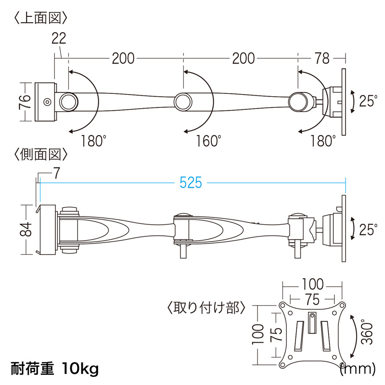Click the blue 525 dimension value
click(x=191, y=183)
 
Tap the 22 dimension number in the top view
click(x=59, y=38)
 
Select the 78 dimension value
click(x=322, y=58)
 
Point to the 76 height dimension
click(x=25, y=102)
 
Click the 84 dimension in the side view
click(x=26, y=229)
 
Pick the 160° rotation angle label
click(x=208, y=141)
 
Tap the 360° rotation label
click(x=367, y=332)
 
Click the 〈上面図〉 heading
click(x=40, y=18)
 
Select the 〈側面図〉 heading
click(x=40, y=154)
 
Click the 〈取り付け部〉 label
click(x=206, y=308)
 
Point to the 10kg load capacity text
click(x=80, y=369)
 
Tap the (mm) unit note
click(x=358, y=368)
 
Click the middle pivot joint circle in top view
click(x=183, y=102)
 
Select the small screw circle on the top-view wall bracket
click(x=47, y=102)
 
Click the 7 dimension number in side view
click(x=57, y=173)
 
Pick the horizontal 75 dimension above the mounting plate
click(x=312, y=299)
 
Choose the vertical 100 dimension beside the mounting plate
click(x=258, y=334)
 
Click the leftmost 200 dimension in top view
click(x=123, y=58)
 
